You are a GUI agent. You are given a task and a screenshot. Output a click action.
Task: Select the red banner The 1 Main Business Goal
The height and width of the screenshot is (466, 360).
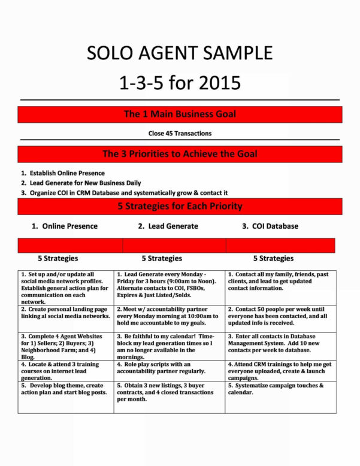pyautogui.click(x=180, y=114)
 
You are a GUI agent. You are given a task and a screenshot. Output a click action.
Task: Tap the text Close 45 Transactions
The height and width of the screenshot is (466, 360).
pyautogui.click(x=180, y=133)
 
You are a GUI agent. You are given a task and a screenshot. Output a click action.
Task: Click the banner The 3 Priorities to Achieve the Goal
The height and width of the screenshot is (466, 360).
pyautogui.click(x=180, y=154)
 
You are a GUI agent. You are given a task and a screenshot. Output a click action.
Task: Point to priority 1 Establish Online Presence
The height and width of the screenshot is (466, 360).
pyautogui.click(x=62, y=173)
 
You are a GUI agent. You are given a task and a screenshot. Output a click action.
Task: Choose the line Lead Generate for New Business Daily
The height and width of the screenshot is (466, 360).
pyautogui.click(x=81, y=183)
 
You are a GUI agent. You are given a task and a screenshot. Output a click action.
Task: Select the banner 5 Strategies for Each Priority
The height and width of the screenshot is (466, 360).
pyautogui.click(x=180, y=207)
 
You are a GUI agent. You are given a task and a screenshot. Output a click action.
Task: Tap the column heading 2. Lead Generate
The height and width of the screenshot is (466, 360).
pyautogui.click(x=168, y=226)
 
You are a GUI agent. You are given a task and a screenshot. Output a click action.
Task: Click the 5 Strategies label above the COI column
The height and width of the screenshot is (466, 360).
pyautogui.click(x=273, y=258)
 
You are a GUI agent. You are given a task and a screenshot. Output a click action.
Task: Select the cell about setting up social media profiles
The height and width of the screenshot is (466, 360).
pyautogui.click(x=65, y=288)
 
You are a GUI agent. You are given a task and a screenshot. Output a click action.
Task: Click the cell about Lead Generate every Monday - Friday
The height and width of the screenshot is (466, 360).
pyautogui.click(x=169, y=285)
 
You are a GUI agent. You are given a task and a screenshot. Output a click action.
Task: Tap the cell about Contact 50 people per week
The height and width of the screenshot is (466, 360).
pyautogui.click(x=280, y=316)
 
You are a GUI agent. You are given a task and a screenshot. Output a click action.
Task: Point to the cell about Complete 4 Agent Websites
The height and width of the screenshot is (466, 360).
pyautogui.click(x=65, y=346)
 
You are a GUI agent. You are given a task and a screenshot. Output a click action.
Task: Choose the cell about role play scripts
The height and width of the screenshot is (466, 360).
pyautogui.click(x=169, y=368)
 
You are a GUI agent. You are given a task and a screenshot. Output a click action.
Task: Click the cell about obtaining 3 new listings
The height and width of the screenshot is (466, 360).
pyautogui.click(x=169, y=392)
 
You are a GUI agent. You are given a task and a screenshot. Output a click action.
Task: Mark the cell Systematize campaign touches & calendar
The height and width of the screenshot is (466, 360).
pyautogui.click(x=280, y=389)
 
